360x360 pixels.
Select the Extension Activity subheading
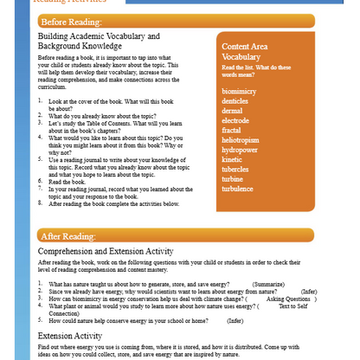pos(70,334)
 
